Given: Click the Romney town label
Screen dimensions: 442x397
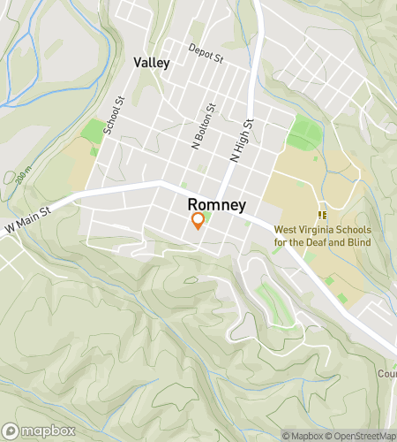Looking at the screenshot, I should click(x=217, y=203).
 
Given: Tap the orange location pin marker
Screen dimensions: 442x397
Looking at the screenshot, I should click(x=198, y=221).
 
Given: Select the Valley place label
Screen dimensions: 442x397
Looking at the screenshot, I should click(x=152, y=63).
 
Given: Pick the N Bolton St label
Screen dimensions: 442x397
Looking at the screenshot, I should click(x=204, y=126).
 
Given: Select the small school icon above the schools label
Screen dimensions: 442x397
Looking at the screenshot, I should click(x=323, y=214).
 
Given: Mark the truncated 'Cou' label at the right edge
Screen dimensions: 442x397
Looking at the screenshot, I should click(x=387, y=373).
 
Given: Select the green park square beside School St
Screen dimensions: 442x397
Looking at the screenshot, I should click(x=92, y=131).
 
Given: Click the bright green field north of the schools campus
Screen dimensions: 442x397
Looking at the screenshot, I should click(x=304, y=134).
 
